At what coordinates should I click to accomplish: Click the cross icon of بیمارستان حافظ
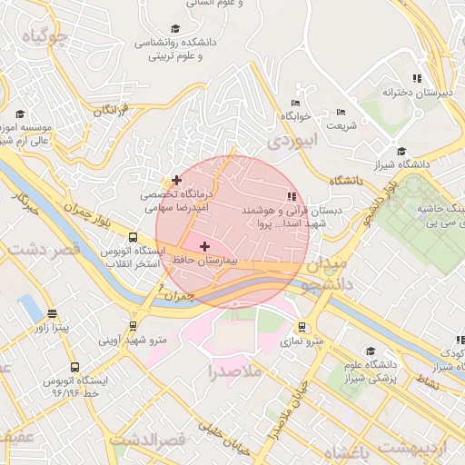pos(204,246)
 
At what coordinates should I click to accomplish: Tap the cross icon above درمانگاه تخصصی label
pos(176,181)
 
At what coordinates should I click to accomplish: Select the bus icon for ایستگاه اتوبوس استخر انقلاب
pos(134,239)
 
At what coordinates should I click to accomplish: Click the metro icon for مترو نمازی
pos(302,329)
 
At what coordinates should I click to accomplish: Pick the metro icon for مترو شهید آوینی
pos(134,325)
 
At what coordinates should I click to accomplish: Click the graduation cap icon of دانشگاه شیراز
pos(401,152)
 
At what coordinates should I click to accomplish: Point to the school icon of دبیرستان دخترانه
pos(417,79)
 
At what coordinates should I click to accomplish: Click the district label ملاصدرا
pos(234,371)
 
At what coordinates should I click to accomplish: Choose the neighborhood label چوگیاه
pos(45,36)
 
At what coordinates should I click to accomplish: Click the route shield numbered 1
pos(162,288)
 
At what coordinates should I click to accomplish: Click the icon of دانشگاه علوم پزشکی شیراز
pos(370,351)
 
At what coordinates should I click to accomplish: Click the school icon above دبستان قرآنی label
pos(292,196)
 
